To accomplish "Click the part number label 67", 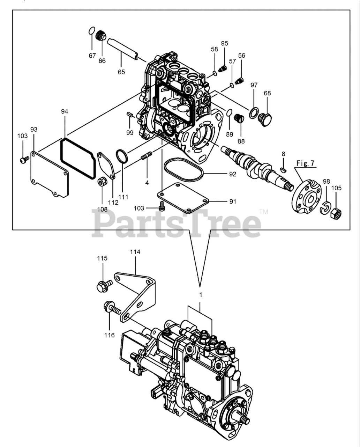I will coord(92,56).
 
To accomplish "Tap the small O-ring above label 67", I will coord(91,30).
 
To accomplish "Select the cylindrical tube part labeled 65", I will coord(122,49).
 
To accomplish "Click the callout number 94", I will coord(65,111).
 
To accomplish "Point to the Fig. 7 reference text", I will coord(305,163).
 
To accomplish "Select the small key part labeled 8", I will coord(283,170).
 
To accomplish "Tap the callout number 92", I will coord(233,174).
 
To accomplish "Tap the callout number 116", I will coord(109,335).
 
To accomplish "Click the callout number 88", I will coord(241,141).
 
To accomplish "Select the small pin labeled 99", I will coord(129,115).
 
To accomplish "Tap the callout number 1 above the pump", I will coord(201,295).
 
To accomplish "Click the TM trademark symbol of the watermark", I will coord(264,212).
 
